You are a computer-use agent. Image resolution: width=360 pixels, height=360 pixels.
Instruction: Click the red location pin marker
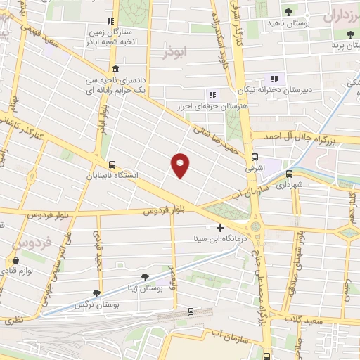(180, 165)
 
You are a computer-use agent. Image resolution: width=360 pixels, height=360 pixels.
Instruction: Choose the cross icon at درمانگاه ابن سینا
(221, 229)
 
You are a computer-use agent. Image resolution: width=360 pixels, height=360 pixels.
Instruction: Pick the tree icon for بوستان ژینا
(145, 277)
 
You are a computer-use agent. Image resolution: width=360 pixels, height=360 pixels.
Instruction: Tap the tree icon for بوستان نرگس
(96, 294)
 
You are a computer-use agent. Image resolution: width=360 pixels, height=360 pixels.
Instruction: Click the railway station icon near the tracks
(191, 311)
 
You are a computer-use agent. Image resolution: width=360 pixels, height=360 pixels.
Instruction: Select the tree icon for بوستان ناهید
(289, 11)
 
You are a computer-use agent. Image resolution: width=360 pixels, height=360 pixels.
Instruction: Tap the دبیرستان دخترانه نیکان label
(274, 91)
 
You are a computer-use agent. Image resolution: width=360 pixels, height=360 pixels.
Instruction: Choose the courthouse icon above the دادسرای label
(115, 70)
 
